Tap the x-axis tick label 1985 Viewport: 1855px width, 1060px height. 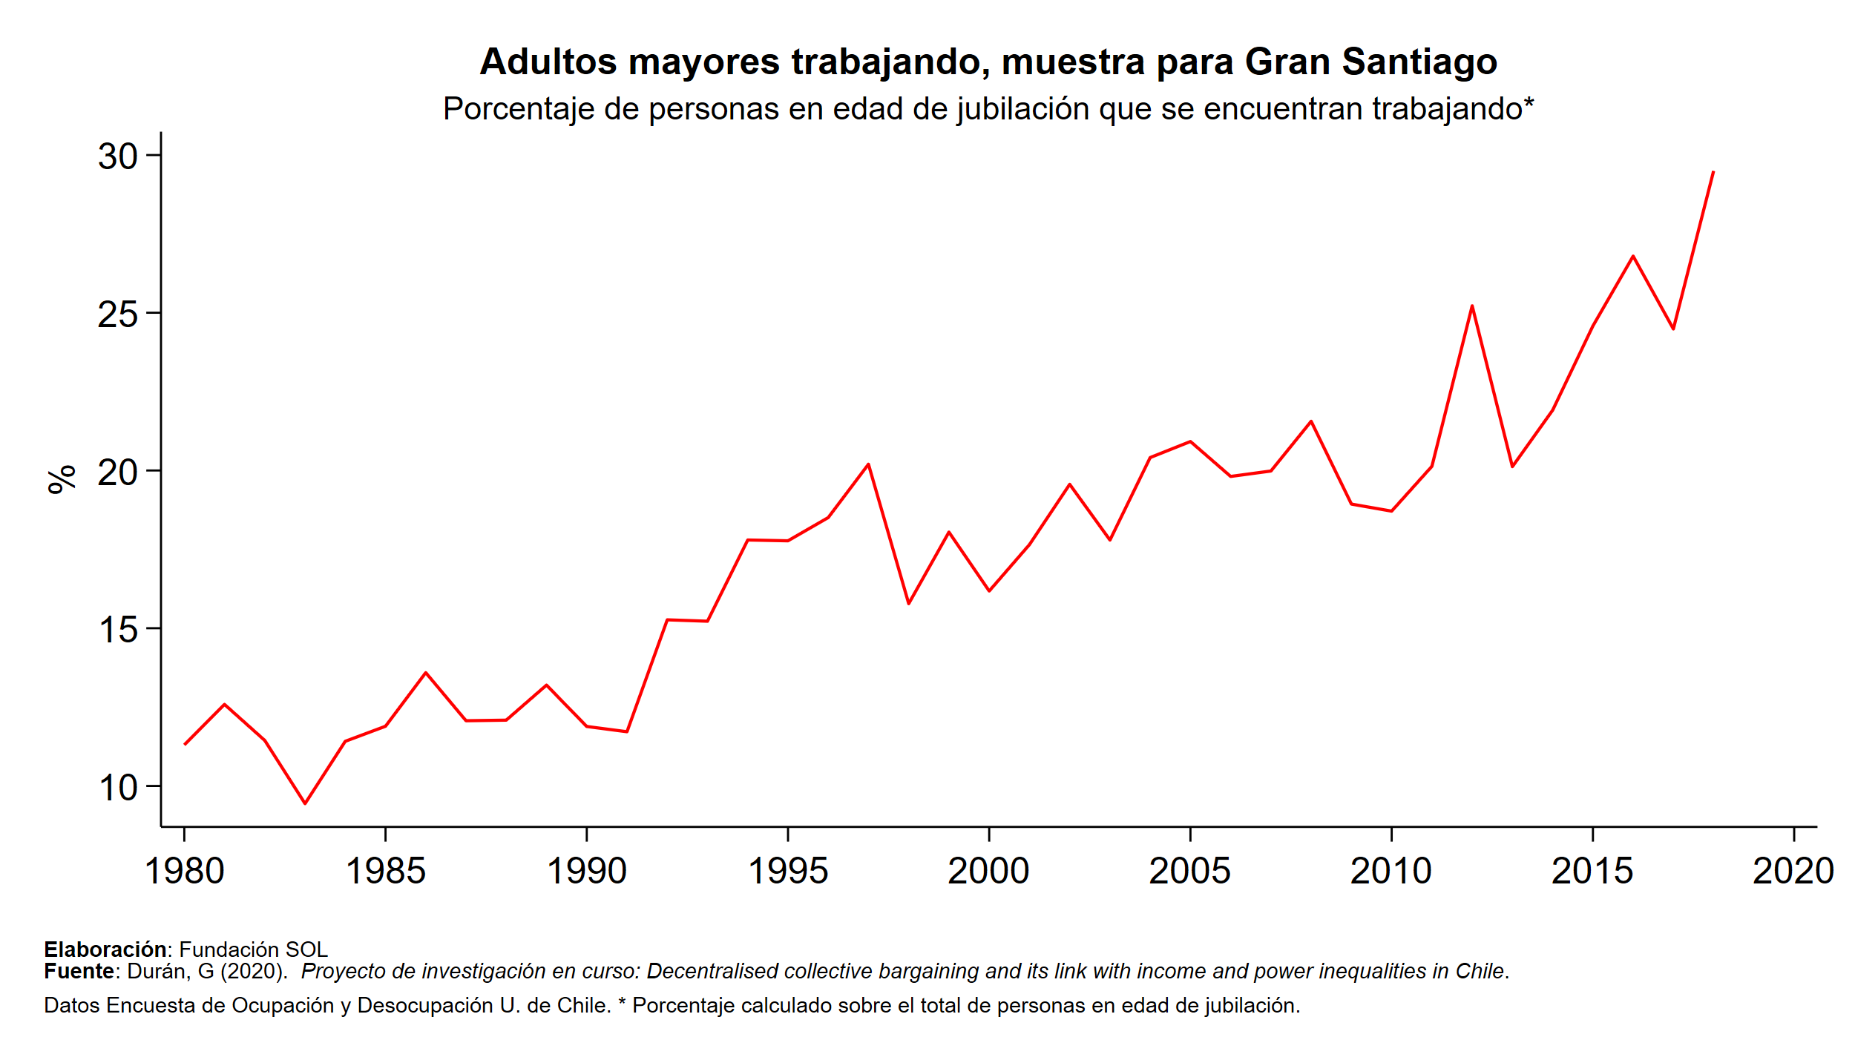coord(385,871)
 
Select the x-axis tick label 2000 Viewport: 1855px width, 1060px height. coord(988,871)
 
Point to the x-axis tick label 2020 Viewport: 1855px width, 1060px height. coord(1793,871)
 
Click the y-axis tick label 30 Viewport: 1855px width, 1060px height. coord(118,157)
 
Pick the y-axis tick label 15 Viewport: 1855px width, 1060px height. coord(118,630)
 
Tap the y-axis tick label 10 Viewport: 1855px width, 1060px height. coord(118,788)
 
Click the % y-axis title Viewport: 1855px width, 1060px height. coord(62,479)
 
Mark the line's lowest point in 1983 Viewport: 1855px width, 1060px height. coord(305,803)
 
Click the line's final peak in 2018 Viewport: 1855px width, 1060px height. coord(1713,172)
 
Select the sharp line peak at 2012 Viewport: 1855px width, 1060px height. coord(1471,306)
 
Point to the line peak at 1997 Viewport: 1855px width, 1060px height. coord(868,464)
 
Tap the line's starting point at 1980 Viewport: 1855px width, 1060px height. coord(185,744)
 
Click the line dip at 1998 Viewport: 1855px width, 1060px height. coord(908,604)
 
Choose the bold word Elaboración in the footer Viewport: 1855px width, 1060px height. coord(105,949)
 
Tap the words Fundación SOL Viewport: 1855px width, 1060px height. coord(253,949)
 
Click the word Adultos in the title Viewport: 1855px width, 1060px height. coord(548,62)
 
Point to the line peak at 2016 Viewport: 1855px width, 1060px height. coord(1632,256)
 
